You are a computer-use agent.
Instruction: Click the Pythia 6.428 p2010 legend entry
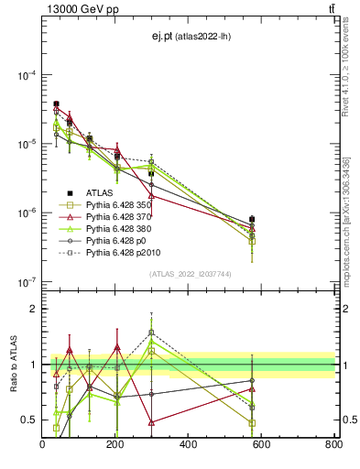[x=131, y=256]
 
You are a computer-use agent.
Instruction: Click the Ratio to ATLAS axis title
[x=14, y=365]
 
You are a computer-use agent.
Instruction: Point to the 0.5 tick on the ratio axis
[x=32, y=420]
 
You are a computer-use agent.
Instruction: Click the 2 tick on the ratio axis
[x=35, y=310]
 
